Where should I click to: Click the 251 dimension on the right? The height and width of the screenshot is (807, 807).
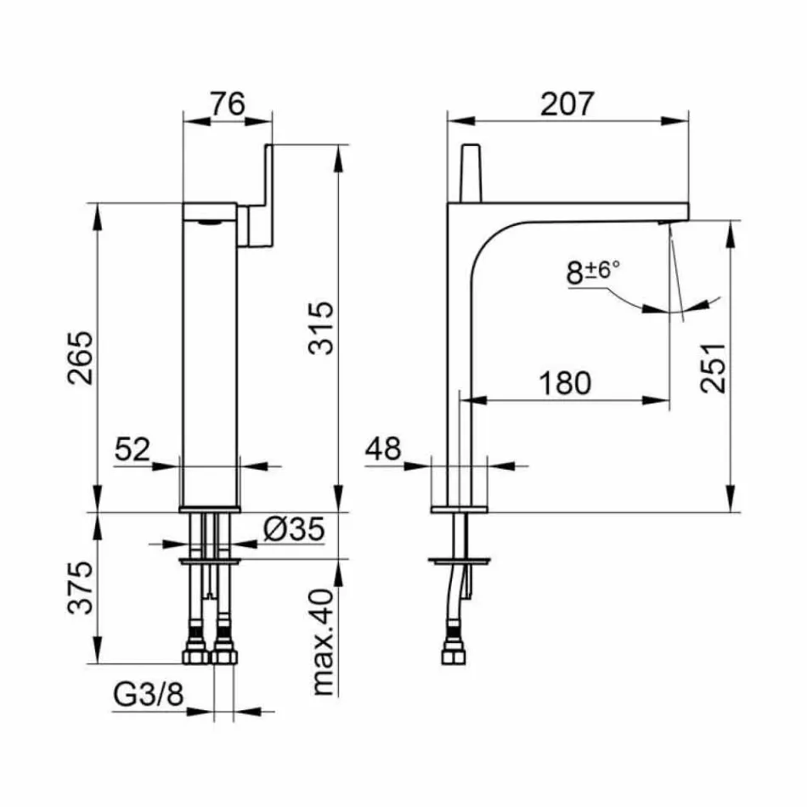pyautogui.click(x=715, y=367)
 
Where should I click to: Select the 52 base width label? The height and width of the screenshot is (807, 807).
pyautogui.click(x=133, y=448)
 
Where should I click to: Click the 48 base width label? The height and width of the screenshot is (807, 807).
pyautogui.click(x=384, y=448)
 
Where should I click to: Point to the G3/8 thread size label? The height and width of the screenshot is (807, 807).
pyautogui.click(x=148, y=696)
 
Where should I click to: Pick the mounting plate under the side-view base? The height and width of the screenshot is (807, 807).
pyautogui.click(x=460, y=560)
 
